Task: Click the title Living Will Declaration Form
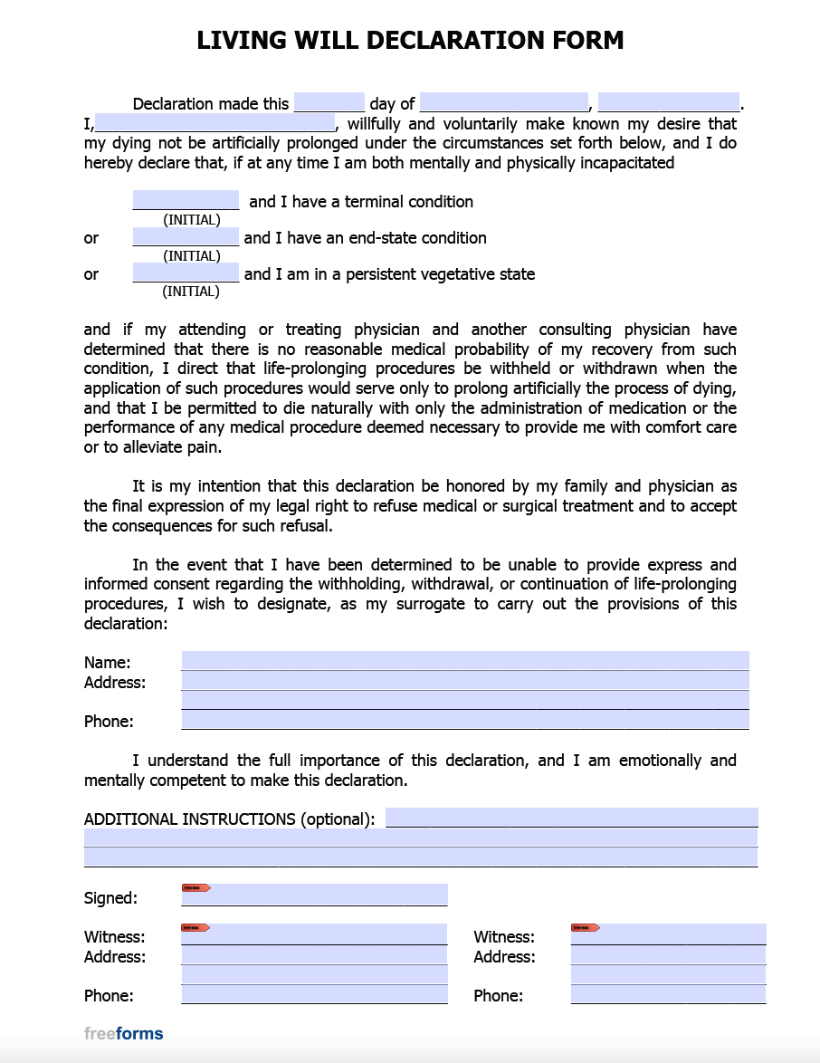[410, 41]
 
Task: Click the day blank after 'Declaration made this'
[329, 102]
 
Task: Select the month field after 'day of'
[504, 102]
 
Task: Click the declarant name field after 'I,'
[215, 123]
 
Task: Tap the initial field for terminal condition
[186, 200]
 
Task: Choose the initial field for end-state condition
[186, 236]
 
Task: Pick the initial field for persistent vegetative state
[186, 273]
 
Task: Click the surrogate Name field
[465, 661]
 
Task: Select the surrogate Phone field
[465, 720]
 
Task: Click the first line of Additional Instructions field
[571, 818]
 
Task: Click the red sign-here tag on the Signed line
[195, 888]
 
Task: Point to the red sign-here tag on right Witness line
[585, 927]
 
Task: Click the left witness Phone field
[314, 994]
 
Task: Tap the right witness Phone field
[668, 994]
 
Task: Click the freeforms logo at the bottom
[124, 1033]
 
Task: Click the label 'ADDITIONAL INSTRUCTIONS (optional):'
[229, 819]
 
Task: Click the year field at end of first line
[668, 102]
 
